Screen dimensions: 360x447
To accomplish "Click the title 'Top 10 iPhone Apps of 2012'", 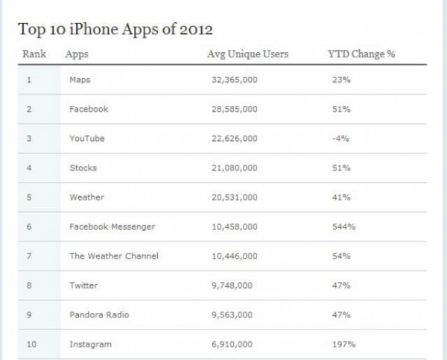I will [x=115, y=31].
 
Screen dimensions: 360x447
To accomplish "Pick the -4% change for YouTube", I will [x=337, y=138].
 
